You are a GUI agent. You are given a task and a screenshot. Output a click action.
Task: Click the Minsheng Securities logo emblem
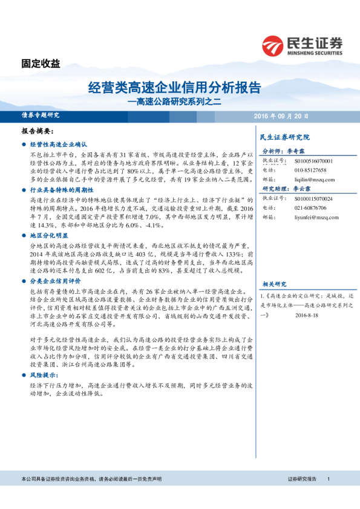(273, 45)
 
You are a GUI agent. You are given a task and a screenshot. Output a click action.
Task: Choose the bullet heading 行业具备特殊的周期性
(61, 190)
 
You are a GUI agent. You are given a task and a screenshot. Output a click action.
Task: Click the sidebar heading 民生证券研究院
(284, 137)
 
